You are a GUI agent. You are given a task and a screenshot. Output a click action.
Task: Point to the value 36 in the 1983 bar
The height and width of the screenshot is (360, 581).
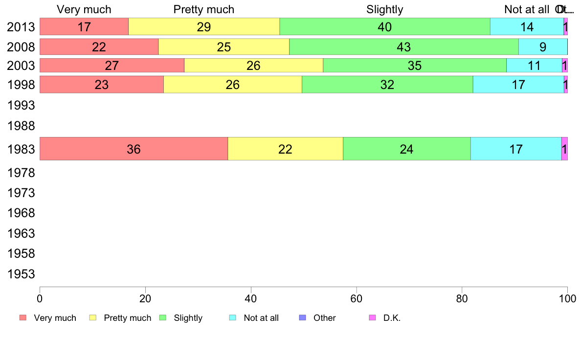pyautogui.click(x=134, y=149)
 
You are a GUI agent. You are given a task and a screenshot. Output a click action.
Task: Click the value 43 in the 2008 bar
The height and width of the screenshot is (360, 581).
pyautogui.click(x=404, y=47)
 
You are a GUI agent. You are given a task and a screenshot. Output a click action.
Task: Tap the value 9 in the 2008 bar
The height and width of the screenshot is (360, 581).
pyautogui.click(x=543, y=47)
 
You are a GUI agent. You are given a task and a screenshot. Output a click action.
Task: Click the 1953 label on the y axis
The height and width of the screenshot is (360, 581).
pyautogui.click(x=21, y=274)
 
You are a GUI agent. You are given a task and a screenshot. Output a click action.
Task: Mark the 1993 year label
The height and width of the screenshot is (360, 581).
pyautogui.click(x=21, y=105)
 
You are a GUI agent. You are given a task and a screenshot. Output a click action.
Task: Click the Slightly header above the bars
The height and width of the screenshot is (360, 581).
pyautogui.click(x=385, y=9)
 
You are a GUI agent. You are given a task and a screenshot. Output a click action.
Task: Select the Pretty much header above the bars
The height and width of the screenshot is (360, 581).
pyautogui.click(x=204, y=9)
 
